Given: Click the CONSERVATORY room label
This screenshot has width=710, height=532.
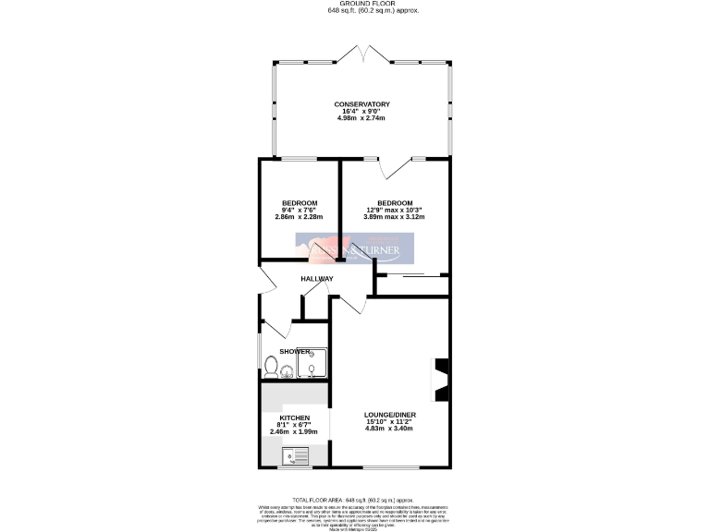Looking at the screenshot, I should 361,104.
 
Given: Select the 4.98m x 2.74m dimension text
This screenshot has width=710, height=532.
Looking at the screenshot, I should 361,119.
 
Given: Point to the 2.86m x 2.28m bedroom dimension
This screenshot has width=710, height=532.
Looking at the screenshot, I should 300,217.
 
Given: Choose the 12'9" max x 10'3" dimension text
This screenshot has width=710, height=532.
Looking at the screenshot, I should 394,210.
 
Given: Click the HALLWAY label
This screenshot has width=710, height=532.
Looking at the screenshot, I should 317,278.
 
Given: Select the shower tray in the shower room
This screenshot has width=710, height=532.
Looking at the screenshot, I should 312,364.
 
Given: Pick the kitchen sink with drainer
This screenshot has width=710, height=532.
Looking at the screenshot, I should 298,453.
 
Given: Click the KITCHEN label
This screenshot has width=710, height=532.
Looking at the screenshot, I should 295,417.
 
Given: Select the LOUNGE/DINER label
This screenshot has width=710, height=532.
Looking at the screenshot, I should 387,415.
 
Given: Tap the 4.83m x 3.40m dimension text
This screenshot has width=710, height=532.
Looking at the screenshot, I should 387,429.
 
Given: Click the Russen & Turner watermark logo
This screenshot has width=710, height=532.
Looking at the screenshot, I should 355,248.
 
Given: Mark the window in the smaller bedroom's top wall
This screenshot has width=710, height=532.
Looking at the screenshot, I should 300,159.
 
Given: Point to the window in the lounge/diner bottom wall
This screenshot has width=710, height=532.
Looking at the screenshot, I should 388,467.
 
